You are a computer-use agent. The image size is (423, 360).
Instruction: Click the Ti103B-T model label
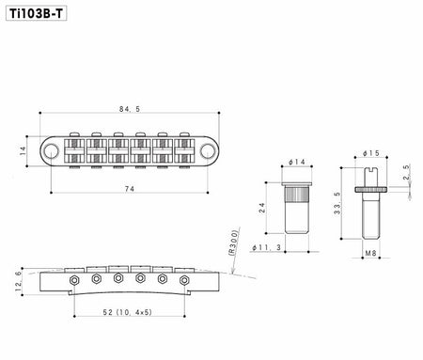tap(36, 13)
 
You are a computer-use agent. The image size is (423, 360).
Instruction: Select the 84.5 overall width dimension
tap(130, 109)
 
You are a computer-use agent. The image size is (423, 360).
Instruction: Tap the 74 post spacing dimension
tap(130, 189)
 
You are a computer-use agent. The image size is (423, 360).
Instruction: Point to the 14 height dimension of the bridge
tap(23, 151)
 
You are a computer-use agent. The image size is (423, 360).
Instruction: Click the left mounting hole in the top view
tap(51, 151)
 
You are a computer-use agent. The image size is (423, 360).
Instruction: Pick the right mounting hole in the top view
tap(207, 151)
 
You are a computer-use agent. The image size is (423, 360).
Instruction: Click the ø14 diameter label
tap(297, 162)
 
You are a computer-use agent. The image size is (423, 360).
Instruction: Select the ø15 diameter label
tap(371, 153)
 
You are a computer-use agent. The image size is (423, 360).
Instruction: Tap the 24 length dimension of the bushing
tap(262, 208)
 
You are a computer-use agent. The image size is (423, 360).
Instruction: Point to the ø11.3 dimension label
tap(267, 247)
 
